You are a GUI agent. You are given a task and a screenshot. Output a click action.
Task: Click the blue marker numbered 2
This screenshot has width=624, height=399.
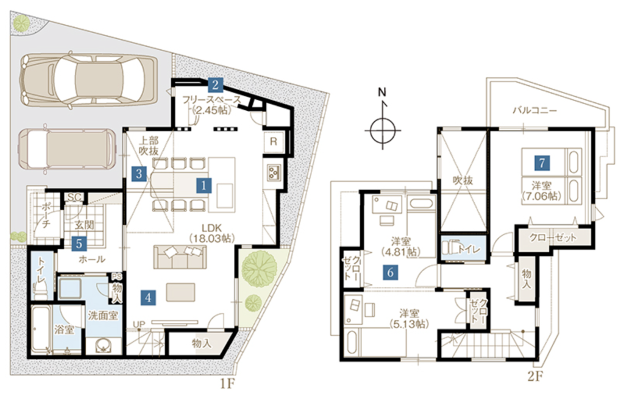point(215,84)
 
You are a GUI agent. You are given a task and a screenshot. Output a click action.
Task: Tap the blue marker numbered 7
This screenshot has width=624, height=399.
point(542,162)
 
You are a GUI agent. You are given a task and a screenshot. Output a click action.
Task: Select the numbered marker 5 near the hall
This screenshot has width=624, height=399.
point(79,244)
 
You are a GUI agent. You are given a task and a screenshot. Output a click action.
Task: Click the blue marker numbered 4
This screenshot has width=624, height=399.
point(149,297)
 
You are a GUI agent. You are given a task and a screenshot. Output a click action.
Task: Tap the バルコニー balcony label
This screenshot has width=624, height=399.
point(534,110)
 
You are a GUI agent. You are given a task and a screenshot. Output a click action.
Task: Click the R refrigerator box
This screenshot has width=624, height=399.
point(274,141)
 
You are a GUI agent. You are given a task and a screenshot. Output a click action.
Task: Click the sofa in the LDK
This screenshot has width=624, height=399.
point(180,256)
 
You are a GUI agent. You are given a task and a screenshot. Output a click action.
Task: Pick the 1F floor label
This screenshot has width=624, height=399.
point(228,384)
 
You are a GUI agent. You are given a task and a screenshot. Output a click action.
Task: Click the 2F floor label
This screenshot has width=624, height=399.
point(534,376)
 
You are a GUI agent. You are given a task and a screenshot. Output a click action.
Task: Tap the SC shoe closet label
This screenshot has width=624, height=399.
point(74,197)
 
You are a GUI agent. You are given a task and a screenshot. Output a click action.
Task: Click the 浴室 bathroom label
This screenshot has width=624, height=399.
point(64,330)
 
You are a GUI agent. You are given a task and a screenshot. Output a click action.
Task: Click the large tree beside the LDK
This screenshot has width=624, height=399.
point(260,266)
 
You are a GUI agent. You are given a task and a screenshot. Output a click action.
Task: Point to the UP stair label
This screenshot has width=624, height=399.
point(138,325)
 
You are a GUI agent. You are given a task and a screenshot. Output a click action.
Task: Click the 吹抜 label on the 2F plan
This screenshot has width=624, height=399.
point(463,180)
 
